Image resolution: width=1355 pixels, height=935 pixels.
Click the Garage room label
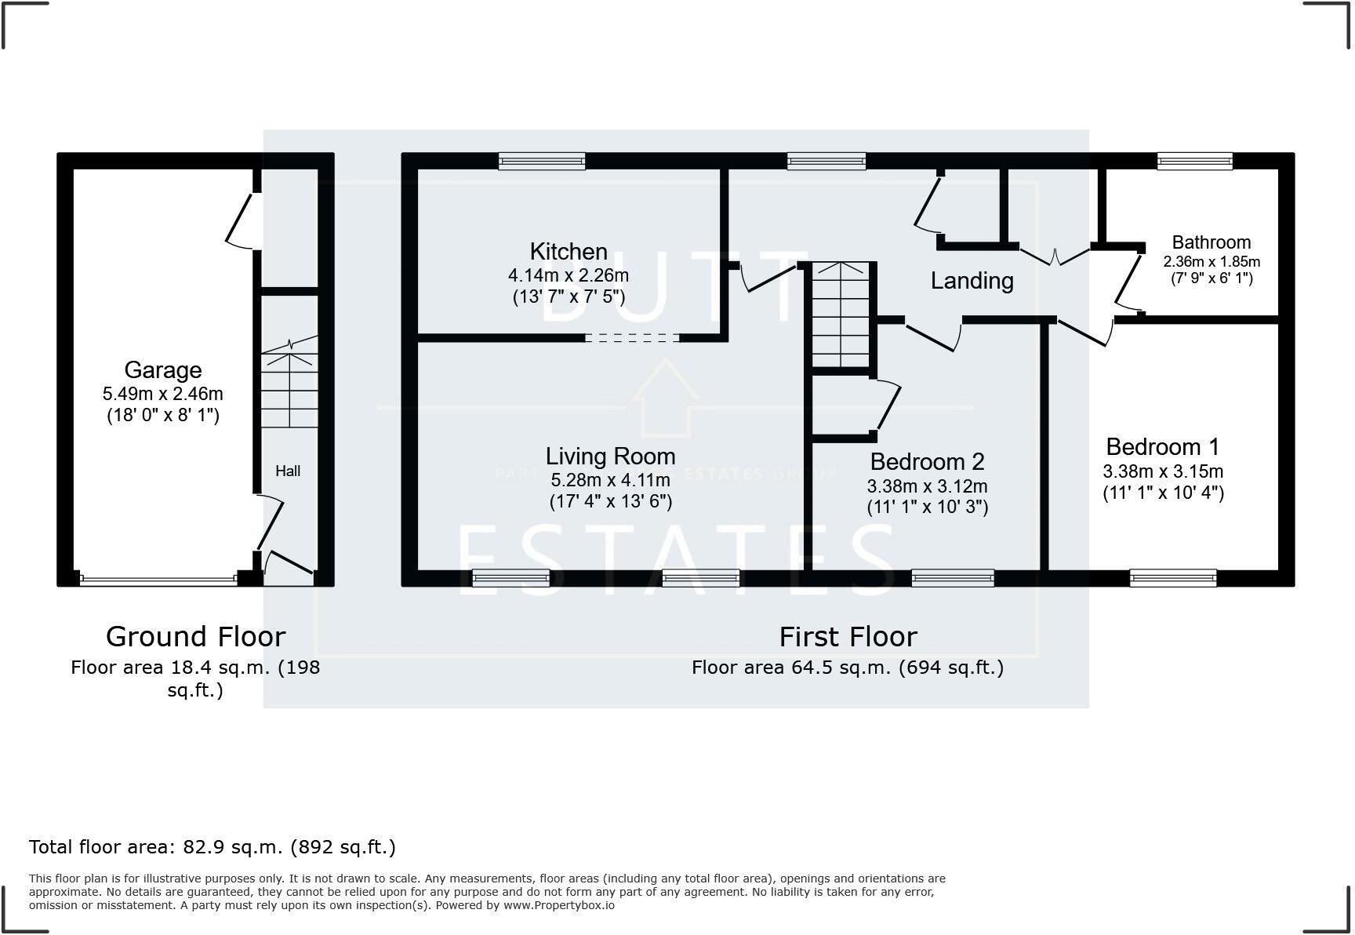click(x=162, y=369)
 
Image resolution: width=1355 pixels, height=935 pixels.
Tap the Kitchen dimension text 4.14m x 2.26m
click(x=568, y=275)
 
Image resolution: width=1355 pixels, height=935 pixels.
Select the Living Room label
click(x=610, y=456)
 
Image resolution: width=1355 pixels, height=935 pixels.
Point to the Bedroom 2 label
click(x=927, y=461)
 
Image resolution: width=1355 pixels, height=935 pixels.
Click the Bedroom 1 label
click(x=1162, y=447)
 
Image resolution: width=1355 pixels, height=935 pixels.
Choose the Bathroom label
click(x=1211, y=242)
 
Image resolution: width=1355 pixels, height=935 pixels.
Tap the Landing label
click(x=972, y=280)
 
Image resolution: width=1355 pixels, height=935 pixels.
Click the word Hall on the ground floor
click(x=288, y=471)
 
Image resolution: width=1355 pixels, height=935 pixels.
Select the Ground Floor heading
click(x=195, y=636)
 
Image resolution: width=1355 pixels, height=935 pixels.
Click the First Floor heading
click(x=848, y=636)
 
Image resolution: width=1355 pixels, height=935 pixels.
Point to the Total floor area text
click(x=212, y=847)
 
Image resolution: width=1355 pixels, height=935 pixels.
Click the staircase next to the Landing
click(x=841, y=314)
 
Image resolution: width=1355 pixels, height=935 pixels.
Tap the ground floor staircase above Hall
click(x=289, y=388)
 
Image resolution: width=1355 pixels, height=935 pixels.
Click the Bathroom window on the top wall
click(x=1195, y=162)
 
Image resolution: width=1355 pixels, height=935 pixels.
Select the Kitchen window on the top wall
click(x=542, y=162)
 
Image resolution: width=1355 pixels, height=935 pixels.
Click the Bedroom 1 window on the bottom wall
click(x=1173, y=579)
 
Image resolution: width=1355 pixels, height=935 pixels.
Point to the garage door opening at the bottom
click(x=157, y=580)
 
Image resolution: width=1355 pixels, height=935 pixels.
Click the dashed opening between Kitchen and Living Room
click(x=632, y=338)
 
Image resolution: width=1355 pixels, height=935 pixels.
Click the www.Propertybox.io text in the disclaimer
click(x=558, y=905)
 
